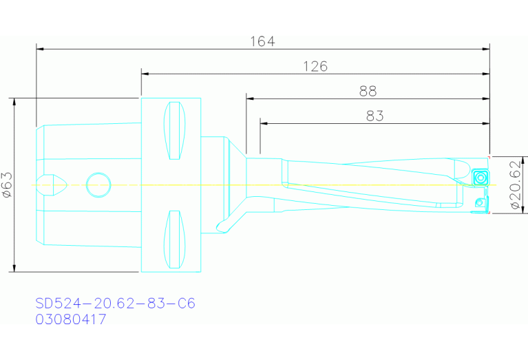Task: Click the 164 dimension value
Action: (x=262, y=41)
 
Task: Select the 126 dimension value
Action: (x=315, y=66)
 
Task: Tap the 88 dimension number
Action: (x=368, y=91)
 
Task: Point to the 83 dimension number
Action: (x=374, y=116)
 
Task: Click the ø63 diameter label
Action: (x=7, y=185)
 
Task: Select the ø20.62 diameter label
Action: (x=514, y=185)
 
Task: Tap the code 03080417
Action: (x=71, y=319)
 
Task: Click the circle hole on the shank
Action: (x=98, y=184)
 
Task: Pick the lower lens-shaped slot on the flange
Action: (x=176, y=240)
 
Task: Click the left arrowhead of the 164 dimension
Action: (x=39, y=49)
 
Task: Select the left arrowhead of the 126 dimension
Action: (x=145, y=74)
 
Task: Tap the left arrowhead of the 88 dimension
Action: (x=249, y=98)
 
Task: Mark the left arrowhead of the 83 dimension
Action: (x=264, y=123)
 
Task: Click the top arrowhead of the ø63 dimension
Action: (x=14, y=101)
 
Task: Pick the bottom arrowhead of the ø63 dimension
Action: (x=14, y=268)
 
